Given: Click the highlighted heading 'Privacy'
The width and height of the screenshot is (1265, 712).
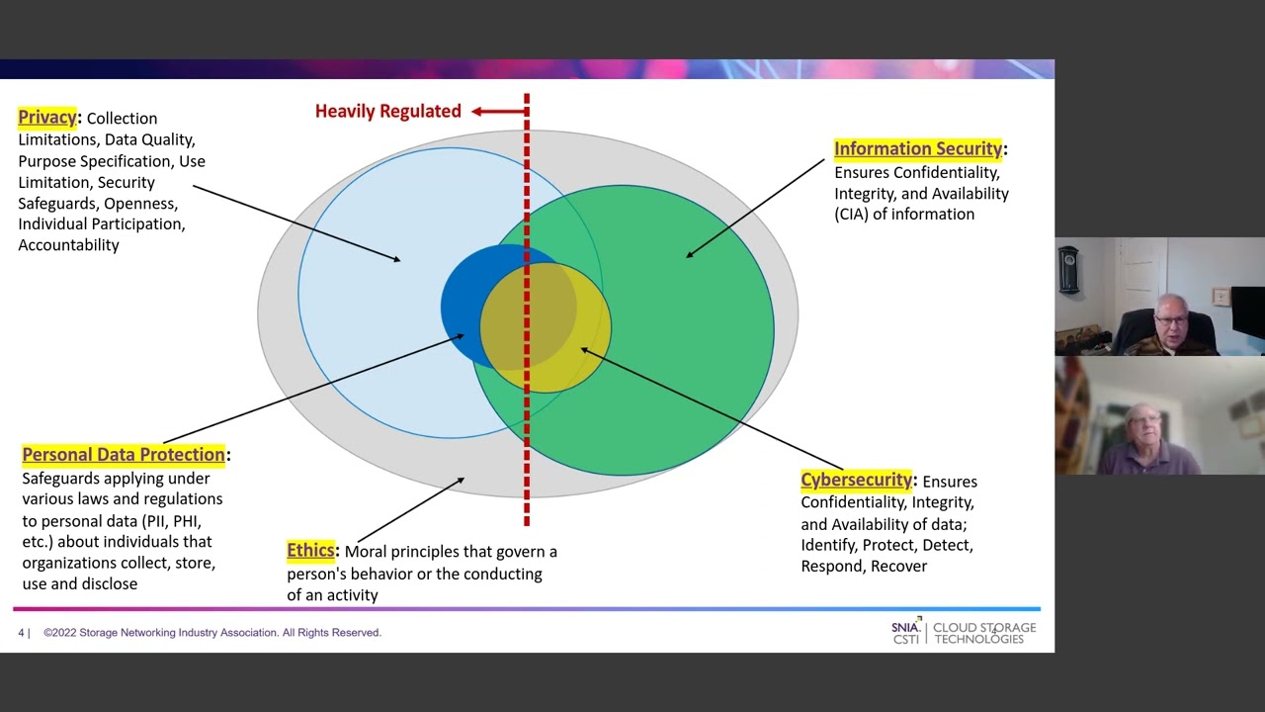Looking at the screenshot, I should pos(46,118).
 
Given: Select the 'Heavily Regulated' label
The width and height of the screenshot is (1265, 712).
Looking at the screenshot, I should pos(387,112).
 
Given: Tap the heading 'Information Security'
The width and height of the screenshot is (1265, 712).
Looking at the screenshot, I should pos(917,149).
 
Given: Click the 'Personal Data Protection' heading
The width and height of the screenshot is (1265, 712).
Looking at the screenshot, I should pos(124,455).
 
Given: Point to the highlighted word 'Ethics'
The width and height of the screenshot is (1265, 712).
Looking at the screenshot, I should pos(310,551).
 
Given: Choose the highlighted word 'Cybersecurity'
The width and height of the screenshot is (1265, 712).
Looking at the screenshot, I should pos(856,481).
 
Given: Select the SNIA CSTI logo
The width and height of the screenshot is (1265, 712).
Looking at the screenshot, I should pos(905,632).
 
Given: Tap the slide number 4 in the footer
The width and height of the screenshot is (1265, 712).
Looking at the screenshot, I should pos(21,633).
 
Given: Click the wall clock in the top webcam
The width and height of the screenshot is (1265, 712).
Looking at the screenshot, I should pos(1068,270).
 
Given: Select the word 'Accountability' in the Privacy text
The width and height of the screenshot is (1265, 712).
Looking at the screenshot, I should pos(68,245).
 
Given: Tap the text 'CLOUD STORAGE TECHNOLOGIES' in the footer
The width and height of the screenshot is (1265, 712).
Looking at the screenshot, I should pos(984,633).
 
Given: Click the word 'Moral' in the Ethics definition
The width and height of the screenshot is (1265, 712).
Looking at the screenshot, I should pos(367,552).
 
